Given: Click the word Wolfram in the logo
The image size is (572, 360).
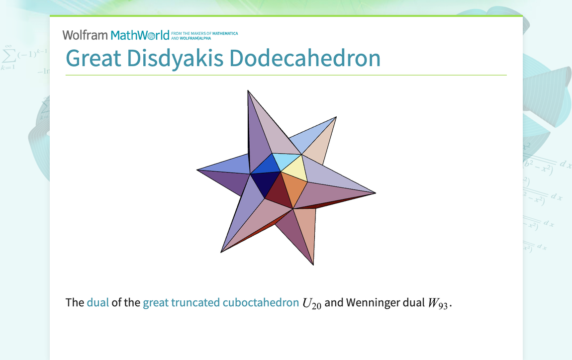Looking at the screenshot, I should click(x=85, y=35).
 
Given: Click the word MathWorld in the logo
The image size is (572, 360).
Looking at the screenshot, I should click(x=140, y=35).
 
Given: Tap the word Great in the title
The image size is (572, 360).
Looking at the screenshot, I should click(x=94, y=58).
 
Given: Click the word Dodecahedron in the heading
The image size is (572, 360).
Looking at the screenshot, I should click(x=304, y=58).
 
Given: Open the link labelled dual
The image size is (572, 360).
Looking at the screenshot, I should click(x=97, y=302).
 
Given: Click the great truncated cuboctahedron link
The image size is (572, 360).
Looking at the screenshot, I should click(x=221, y=302).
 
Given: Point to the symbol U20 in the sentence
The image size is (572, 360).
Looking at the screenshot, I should click(x=312, y=303).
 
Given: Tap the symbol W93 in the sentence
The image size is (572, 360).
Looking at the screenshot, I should click(x=439, y=303).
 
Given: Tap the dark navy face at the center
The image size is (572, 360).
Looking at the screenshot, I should click(x=265, y=184).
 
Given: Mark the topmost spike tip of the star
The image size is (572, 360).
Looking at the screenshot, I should click(x=248, y=91).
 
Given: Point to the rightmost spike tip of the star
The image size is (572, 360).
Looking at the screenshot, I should click(x=375, y=192).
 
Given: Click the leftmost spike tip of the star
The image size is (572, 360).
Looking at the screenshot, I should click(x=198, y=170).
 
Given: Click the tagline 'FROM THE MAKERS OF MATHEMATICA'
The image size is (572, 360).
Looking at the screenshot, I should click(x=204, y=33).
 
